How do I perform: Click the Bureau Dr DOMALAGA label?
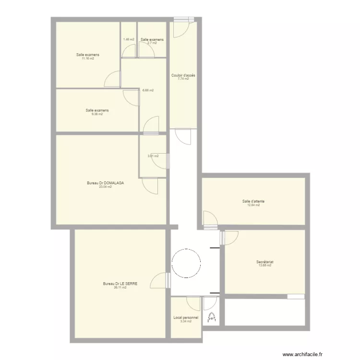coord(105,183)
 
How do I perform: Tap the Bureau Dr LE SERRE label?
coord(120,284)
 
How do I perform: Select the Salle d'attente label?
coord(253,201)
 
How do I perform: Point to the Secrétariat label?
coord(264,262)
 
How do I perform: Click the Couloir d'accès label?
coord(183,75)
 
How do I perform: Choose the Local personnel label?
coord(185,317)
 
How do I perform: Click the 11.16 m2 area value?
coord(87,59)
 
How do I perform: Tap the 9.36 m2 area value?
coord(97,114)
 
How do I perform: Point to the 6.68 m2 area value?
coord(148,90)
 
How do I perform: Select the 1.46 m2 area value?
coord(129,39)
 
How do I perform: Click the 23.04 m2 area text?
coord(105,187)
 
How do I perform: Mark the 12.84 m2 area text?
coord(253,205)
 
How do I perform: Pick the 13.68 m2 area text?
coord(265,265)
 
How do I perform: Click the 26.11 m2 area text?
coord(120,288)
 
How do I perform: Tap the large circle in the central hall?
coord(186,263)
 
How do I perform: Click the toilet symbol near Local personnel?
coord(211,317)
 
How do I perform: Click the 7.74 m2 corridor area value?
coord(183,79)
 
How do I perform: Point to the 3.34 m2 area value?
coord(185,321)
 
